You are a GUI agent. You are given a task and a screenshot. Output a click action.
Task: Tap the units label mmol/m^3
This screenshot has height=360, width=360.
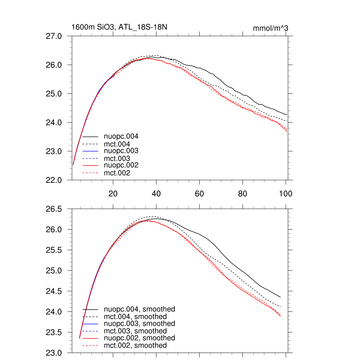[x=270, y=28]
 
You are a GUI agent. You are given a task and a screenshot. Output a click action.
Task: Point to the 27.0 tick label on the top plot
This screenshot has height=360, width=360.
[x=54, y=36]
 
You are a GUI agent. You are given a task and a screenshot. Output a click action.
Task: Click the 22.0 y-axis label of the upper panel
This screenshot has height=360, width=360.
[x=54, y=180]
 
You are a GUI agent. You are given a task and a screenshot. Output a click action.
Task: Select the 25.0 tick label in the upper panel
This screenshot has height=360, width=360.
[x=54, y=94]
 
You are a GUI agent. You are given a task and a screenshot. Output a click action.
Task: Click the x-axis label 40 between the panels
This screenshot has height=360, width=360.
[x=156, y=193]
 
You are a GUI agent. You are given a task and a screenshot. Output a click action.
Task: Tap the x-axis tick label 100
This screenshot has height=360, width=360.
[x=285, y=193]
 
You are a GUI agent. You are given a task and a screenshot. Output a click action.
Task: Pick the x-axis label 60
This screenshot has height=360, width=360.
[x=199, y=193]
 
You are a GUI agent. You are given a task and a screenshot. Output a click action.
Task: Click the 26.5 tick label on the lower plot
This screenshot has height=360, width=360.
[x=54, y=210]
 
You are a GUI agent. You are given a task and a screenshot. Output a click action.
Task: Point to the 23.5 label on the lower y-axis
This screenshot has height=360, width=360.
[x=54, y=333]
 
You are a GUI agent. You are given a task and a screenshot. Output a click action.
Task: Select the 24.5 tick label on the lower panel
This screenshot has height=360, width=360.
[x=54, y=291]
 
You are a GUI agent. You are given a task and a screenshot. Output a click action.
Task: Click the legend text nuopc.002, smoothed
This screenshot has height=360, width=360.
[x=139, y=338]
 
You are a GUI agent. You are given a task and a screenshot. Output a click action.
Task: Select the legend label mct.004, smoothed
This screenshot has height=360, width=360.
[x=135, y=317]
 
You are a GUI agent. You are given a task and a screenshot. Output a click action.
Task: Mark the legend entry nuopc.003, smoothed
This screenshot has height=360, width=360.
[x=139, y=323]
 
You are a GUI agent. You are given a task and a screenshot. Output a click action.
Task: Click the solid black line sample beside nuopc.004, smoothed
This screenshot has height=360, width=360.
[x=90, y=309]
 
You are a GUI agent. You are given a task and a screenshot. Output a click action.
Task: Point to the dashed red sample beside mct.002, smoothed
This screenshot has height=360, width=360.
[x=90, y=346]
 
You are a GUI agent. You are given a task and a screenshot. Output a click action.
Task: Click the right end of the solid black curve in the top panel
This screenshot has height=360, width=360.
[x=287, y=115]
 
